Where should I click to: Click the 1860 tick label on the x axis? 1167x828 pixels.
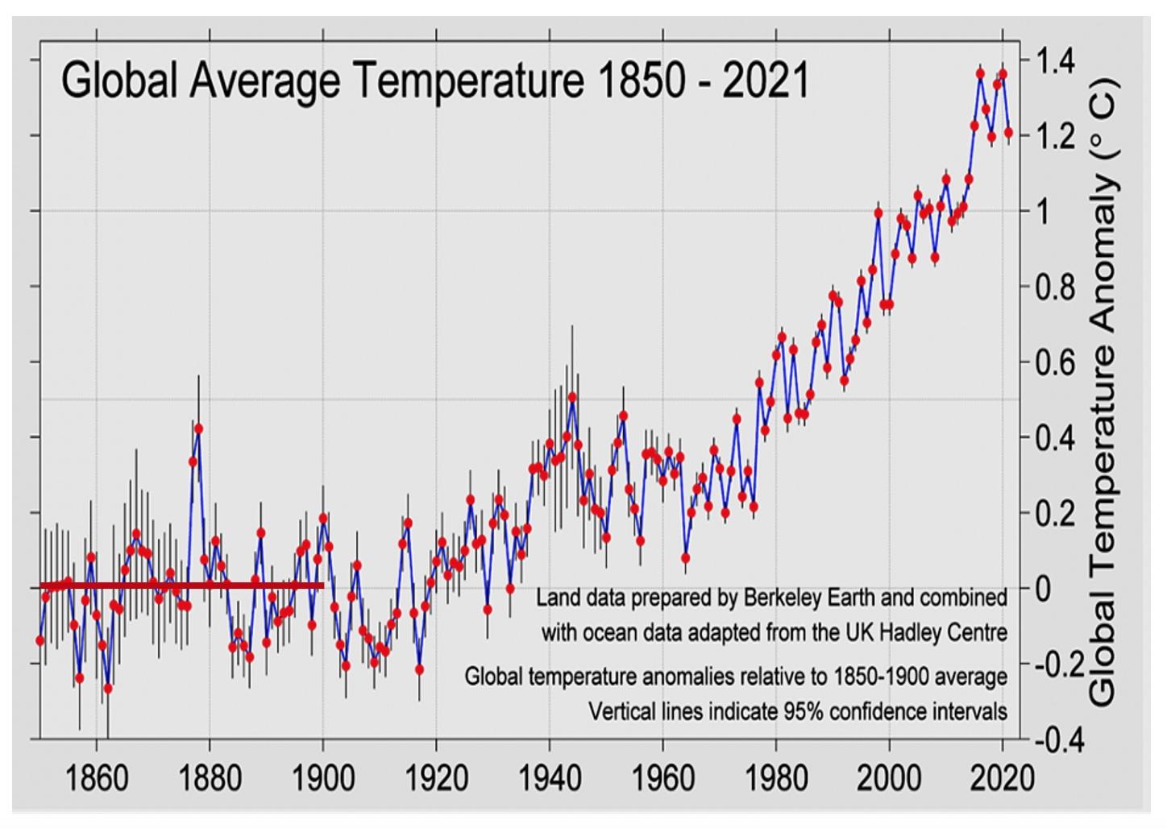[97, 778]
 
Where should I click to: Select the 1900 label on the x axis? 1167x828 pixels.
[323, 778]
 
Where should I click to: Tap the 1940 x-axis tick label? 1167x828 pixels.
[550, 778]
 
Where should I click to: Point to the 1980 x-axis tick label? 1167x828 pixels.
[776, 778]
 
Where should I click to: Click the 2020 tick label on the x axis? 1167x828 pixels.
[1002, 778]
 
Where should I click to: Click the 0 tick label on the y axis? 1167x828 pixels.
[1044, 589]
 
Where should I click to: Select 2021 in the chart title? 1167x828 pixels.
[765, 81]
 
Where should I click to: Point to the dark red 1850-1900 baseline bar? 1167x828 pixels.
[181, 586]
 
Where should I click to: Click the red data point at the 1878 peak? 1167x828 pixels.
[198, 428]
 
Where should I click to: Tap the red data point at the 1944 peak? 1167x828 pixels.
[572, 397]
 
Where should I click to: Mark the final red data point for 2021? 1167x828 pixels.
[1008, 132]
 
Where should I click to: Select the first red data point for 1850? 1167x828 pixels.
[39, 640]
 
